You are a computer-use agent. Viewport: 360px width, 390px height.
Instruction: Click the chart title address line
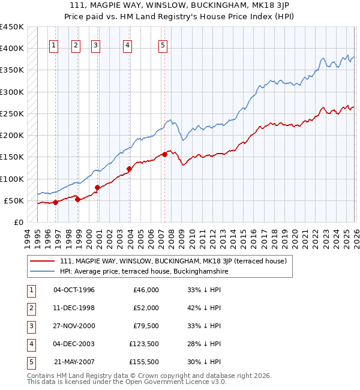point(180,5)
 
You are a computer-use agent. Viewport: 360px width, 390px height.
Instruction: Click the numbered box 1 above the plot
point(54,44)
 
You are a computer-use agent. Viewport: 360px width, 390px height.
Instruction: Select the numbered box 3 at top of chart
point(96,44)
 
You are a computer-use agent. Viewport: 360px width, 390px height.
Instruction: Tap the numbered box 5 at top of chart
point(163,44)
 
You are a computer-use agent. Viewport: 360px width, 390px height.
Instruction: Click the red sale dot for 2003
point(129,169)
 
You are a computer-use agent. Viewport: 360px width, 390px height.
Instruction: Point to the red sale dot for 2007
point(164,155)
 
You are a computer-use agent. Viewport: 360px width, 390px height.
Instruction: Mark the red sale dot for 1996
point(55,202)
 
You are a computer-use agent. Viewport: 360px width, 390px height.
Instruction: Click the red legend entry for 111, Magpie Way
point(173,261)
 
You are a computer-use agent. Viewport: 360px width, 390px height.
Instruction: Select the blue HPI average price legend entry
point(144,272)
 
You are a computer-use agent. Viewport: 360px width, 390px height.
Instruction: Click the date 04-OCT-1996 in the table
point(74,290)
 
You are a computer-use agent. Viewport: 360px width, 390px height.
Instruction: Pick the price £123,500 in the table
point(144,344)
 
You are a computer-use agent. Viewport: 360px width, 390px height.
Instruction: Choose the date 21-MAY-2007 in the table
point(74,362)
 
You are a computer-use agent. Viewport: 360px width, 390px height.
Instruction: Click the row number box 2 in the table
point(31,308)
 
